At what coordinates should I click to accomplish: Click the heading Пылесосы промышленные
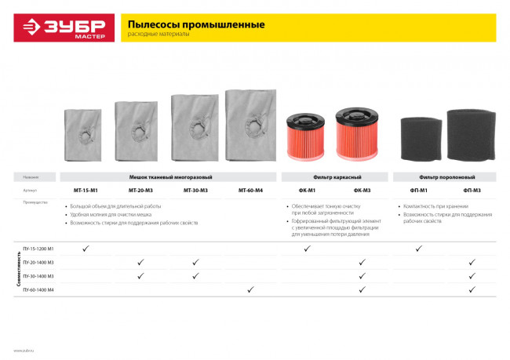pos(196,24)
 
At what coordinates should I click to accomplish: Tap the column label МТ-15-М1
pos(85,190)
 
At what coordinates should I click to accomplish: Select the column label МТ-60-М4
pos(249,190)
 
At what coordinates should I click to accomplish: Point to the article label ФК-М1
pos(307,190)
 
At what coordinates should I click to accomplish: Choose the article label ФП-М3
pos(472,190)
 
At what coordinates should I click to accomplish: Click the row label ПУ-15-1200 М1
pos(38,249)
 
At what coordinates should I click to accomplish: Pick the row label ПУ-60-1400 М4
pos(38,290)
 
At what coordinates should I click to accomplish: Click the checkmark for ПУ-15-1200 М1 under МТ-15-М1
pos(85,248)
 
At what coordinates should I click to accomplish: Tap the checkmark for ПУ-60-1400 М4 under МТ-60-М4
pos(250,290)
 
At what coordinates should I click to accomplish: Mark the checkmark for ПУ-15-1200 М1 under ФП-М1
pos(418,248)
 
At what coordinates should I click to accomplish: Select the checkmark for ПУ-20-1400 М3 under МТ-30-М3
pos(195,262)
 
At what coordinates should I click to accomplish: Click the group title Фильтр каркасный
pos(334,178)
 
